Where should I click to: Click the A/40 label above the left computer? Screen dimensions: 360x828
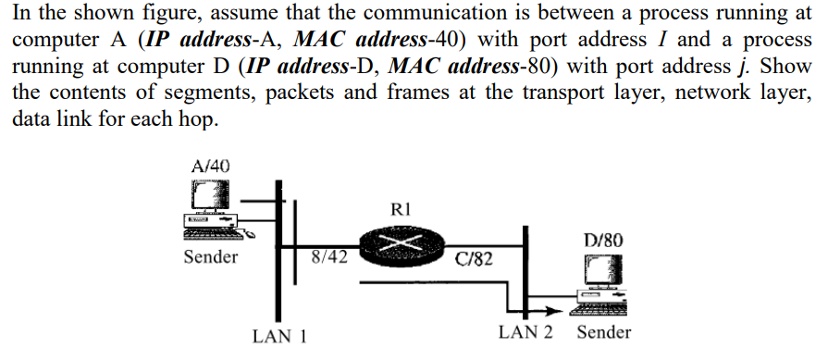(x=209, y=166)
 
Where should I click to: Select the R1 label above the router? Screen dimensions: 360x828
(x=400, y=208)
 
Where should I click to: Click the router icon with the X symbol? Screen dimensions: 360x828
(x=399, y=248)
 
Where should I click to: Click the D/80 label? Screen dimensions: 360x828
(x=603, y=241)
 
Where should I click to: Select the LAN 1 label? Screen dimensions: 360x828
(x=278, y=336)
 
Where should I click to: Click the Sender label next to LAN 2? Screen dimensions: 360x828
(x=603, y=332)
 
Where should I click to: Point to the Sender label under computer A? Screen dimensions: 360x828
(x=210, y=256)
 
